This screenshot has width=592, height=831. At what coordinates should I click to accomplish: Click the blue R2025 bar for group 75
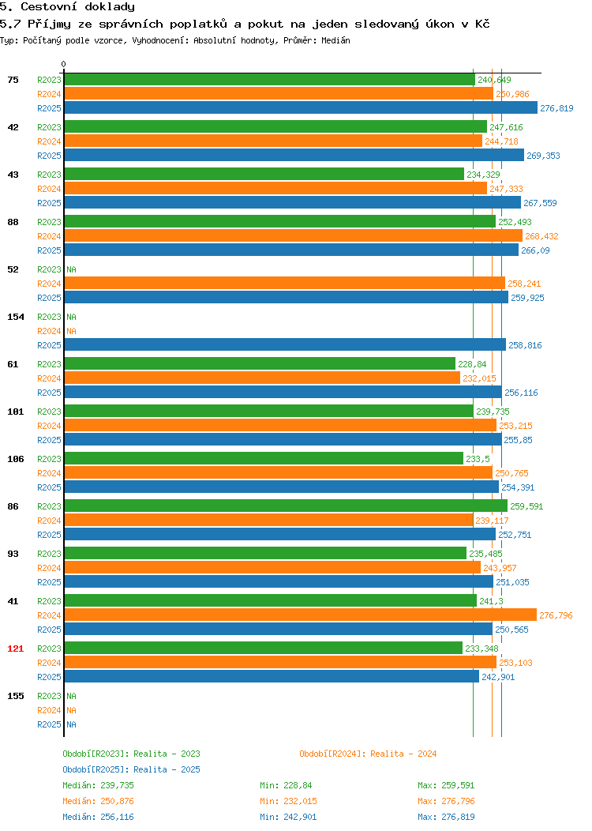(x=301, y=108)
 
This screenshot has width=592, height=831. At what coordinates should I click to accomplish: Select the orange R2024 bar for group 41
(x=300, y=615)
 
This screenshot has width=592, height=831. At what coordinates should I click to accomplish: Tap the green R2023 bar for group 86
(x=286, y=506)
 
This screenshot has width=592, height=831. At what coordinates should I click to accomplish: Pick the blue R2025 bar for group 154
(x=285, y=345)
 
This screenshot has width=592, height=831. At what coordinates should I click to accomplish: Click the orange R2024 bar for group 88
(x=294, y=236)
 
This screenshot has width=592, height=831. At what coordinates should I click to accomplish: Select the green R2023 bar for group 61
(x=260, y=364)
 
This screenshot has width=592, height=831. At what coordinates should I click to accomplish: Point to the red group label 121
(x=15, y=649)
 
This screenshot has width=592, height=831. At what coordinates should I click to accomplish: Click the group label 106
(x=15, y=459)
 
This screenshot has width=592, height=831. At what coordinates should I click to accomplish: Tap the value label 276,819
(x=556, y=108)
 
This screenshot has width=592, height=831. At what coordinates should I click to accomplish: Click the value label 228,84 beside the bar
(x=472, y=364)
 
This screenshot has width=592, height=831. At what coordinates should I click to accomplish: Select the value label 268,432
(x=541, y=236)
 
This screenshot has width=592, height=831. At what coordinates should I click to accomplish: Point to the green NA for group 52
(x=72, y=269)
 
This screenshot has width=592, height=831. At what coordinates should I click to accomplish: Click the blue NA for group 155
(x=72, y=724)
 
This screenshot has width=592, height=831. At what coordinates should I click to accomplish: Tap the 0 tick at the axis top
(x=64, y=64)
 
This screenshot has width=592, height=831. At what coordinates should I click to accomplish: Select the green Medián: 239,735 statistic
(x=98, y=785)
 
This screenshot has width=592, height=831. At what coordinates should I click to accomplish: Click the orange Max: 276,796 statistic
(x=446, y=801)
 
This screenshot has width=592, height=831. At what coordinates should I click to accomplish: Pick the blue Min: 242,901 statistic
(x=288, y=818)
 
